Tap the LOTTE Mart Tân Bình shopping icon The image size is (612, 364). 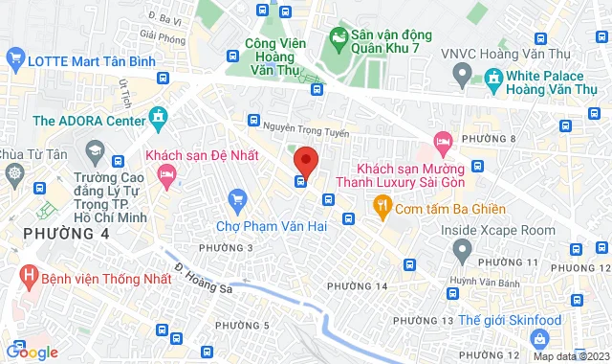(14, 58)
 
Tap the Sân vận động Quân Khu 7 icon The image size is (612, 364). (336, 38)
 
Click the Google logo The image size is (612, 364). (31, 353)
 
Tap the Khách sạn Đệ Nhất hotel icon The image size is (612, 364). (165, 174)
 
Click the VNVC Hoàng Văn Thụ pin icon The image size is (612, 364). (461, 73)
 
